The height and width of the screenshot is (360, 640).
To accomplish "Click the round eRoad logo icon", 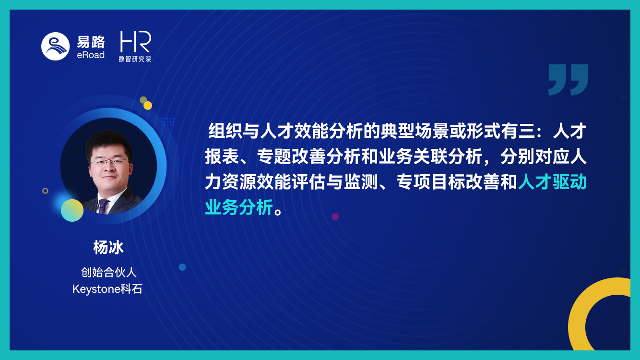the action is point(56,47).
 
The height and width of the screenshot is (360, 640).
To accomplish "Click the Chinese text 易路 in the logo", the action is point(91,42).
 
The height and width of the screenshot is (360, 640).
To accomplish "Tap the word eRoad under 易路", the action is point(91,55).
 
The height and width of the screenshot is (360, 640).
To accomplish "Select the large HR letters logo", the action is point(135,41).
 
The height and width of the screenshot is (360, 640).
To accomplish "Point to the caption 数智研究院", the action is point(135,59).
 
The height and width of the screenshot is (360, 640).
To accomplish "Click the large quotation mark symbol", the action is point(568,80).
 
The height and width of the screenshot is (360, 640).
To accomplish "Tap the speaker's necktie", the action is point(102,206).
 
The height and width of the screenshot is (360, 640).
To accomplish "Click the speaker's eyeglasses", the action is point(109,162).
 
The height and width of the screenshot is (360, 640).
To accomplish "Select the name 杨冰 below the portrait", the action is point(108,248).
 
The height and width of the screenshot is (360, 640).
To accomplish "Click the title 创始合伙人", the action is point(108,272).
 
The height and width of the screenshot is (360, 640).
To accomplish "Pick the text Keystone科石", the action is point(107,289).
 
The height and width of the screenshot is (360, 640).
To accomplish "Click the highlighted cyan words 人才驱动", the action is point(552,182).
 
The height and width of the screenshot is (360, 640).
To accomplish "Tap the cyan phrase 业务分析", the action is point(239,207).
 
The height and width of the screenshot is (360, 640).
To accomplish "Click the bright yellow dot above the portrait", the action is point(148,106).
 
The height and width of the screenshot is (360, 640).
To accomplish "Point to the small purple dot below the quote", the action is point(335,217).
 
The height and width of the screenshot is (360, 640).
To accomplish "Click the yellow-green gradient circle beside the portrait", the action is point(72,210).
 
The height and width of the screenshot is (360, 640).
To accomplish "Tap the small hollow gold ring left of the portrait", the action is point(45,191).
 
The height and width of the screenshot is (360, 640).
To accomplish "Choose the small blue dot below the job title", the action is point(182,267).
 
